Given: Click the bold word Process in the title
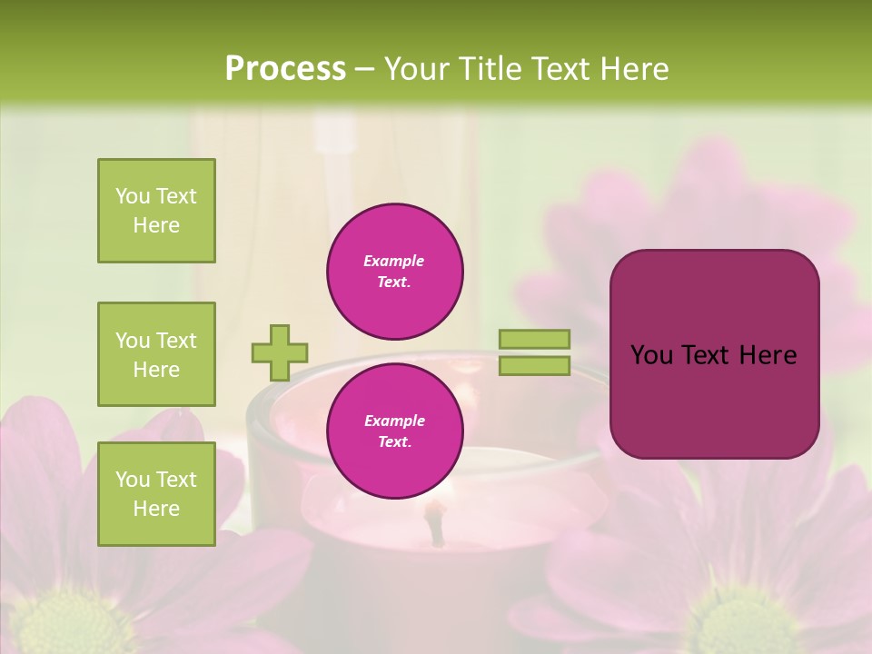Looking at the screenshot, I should [285, 68].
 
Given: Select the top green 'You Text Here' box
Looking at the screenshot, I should [156, 211].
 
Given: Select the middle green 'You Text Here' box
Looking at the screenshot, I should [156, 354].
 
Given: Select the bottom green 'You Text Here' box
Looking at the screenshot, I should [156, 494].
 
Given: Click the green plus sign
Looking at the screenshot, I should [280, 352].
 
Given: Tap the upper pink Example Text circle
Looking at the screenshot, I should [395, 271].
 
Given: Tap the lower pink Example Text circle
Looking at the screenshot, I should [395, 431].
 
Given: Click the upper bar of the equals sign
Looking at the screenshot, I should [534, 339].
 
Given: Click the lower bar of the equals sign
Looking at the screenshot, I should [534, 366].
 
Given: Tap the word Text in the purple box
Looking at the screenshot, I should [710, 355].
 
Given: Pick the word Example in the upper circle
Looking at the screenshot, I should [394, 261].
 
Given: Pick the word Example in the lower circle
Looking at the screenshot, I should [394, 421].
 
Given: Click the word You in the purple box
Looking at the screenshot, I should [651, 355].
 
